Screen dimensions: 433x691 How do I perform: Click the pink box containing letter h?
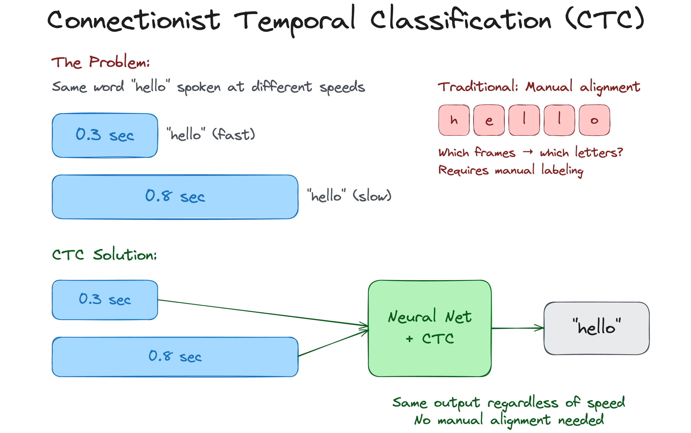(x=454, y=120)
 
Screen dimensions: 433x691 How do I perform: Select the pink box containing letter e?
(x=489, y=120)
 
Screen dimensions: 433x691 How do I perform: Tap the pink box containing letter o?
(x=594, y=120)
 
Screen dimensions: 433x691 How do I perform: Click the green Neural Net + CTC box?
(x=430, y=328)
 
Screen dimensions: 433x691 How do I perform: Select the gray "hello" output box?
(x=596, y=328)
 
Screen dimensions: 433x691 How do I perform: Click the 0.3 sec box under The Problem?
(x=105, y=135)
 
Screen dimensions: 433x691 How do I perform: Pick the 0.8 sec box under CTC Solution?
(x=175, y=357)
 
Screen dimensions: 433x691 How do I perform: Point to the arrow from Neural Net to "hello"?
(x=518, y=328)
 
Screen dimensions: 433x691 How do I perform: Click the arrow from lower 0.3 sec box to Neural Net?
(x=262, y=313)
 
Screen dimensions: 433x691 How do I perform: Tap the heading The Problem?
(x=100, y=62)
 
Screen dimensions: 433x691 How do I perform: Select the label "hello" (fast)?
(x=211, y=134)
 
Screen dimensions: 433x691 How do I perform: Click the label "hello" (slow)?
(x=349, y=196)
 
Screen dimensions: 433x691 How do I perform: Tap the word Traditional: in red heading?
(x=478, y=87)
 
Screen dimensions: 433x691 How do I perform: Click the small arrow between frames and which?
(x=528, y=152)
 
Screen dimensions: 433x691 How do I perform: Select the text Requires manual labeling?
(x=511, y=170)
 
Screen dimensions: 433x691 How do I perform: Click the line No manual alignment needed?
(x=509, y=420)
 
